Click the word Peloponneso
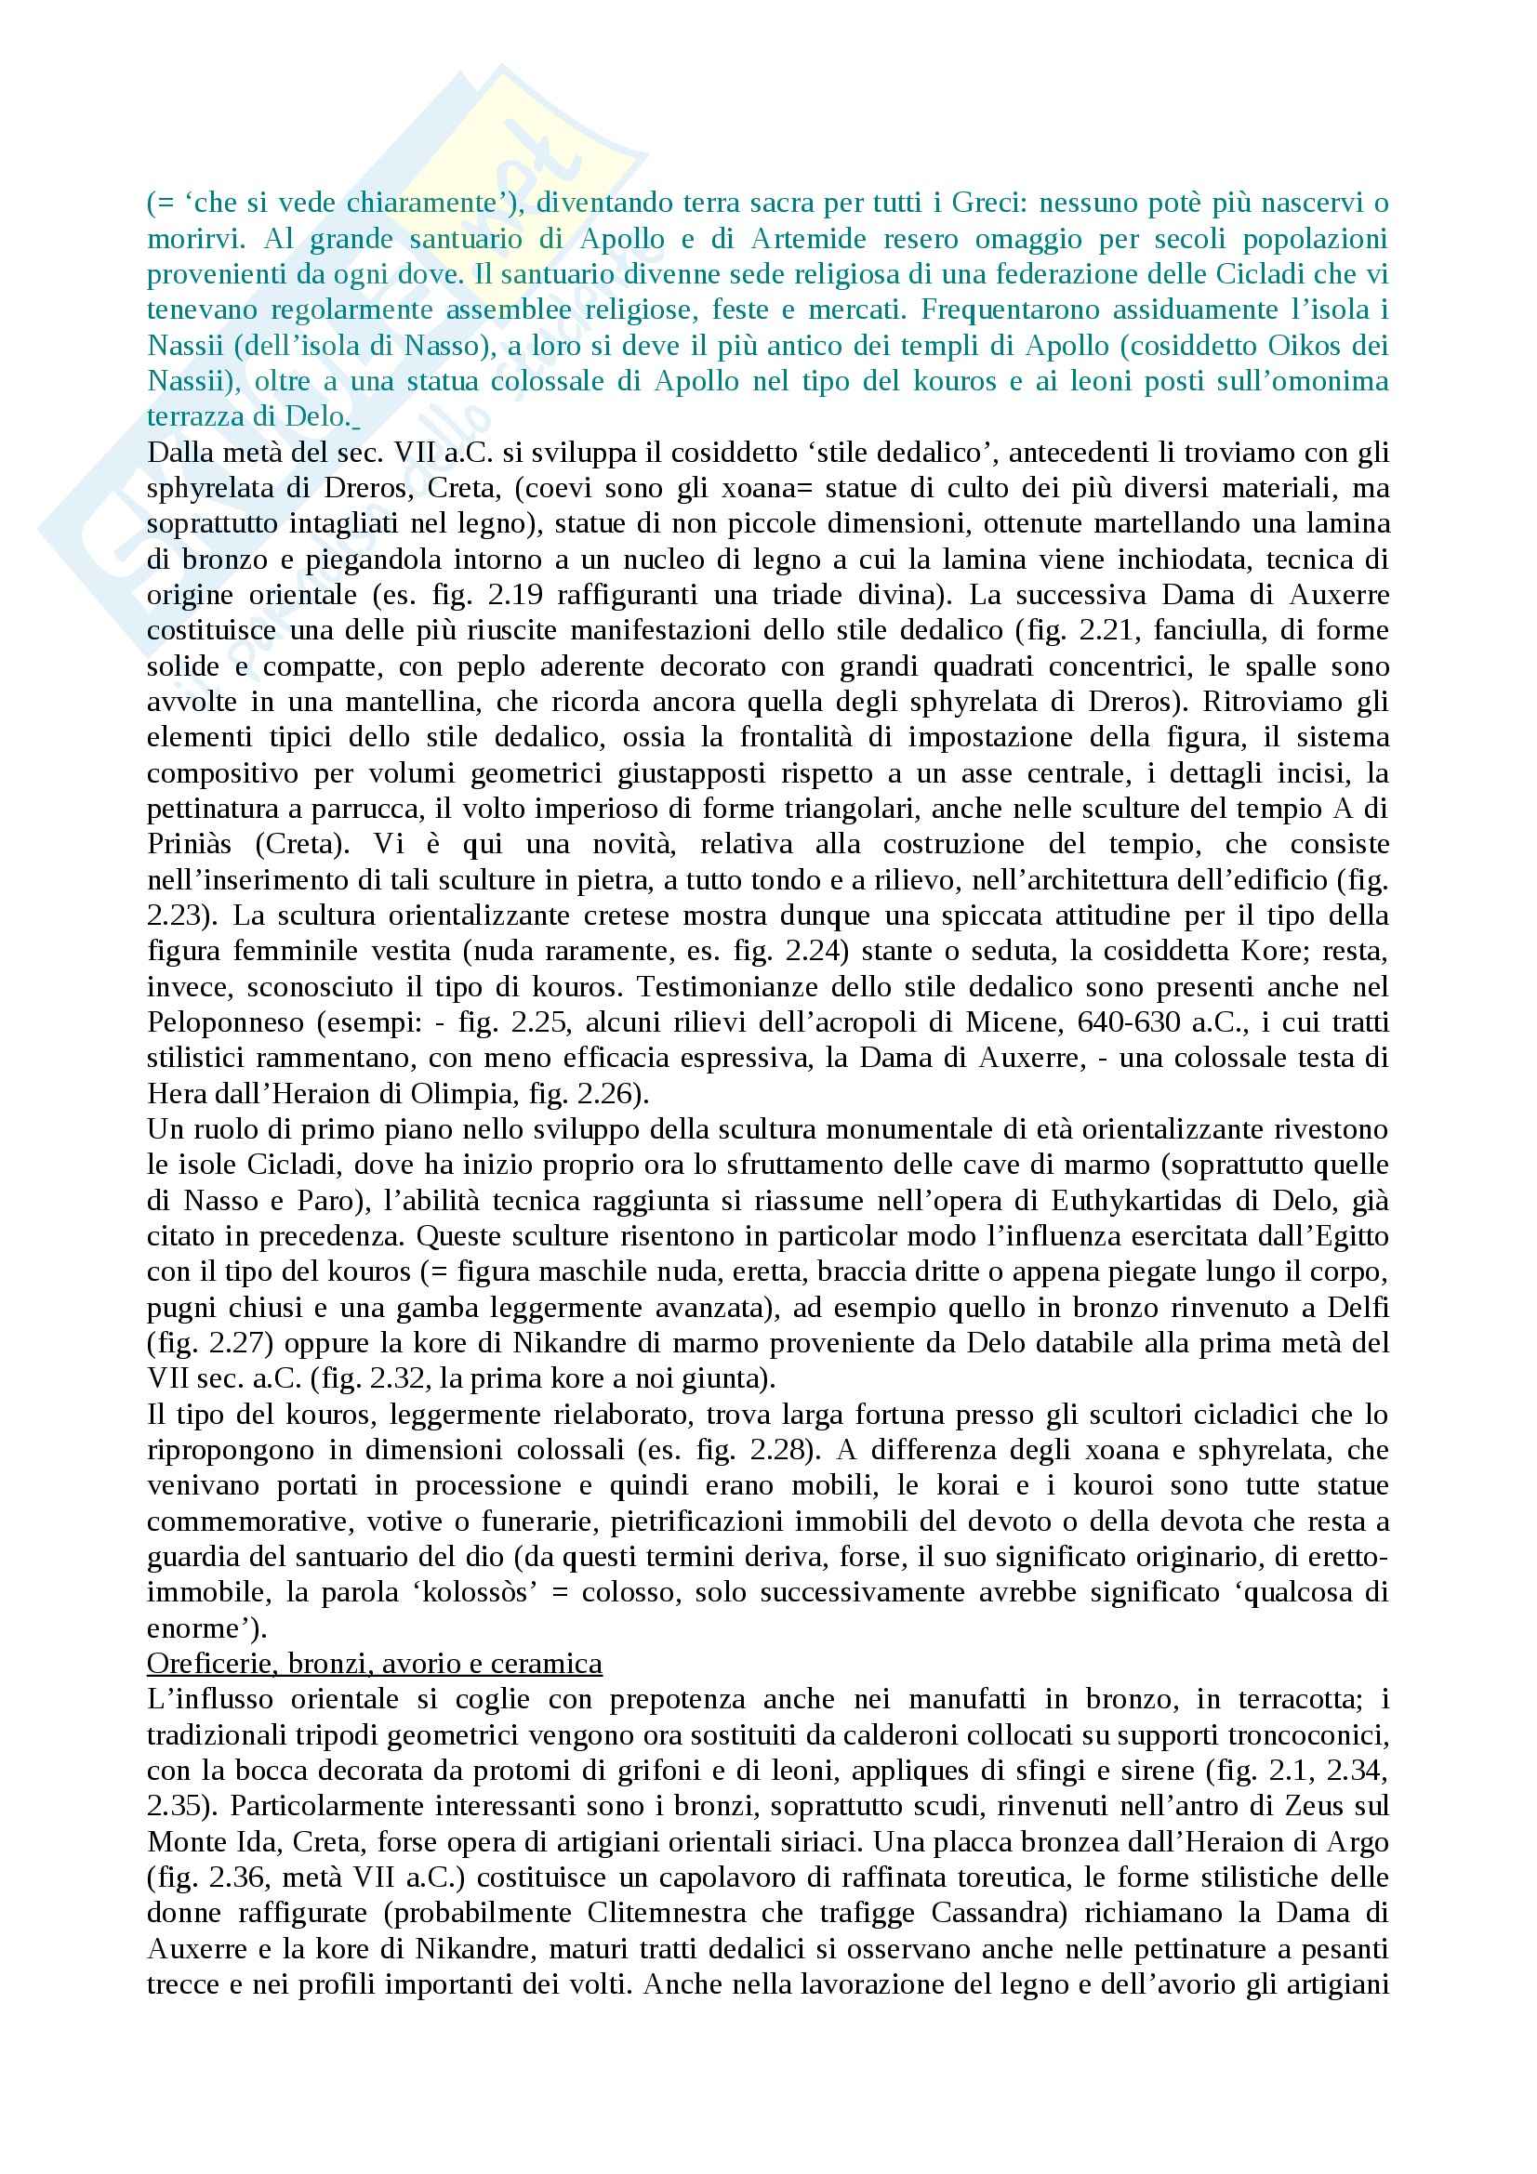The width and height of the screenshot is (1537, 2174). [x=226, y=1022]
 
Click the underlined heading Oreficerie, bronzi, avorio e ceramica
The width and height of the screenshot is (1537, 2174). [x=374, y=1664]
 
